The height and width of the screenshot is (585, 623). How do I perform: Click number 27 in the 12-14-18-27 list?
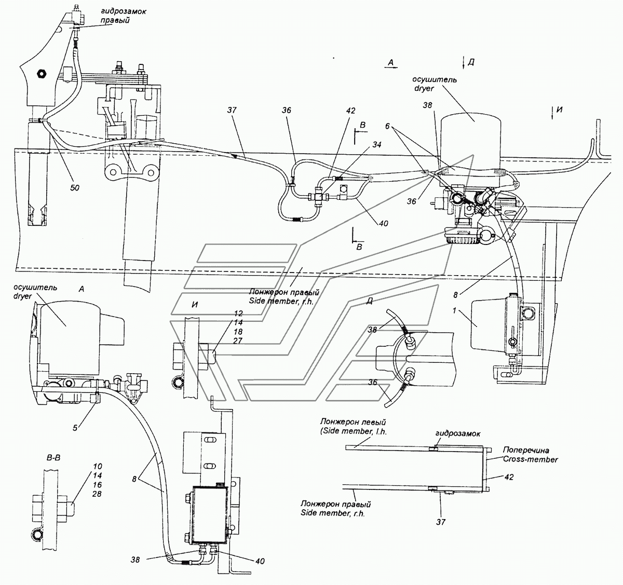(x=238, y=341)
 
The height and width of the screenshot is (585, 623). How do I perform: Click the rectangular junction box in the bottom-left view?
(x=208, y=513)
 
